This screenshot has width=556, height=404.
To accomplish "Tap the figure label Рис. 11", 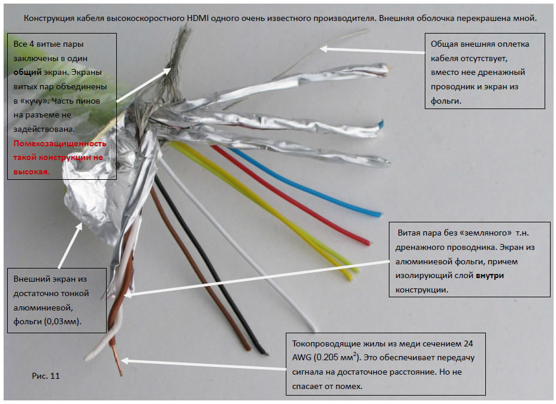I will coord(46,376).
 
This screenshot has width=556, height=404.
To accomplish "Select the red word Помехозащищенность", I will coord(59,144).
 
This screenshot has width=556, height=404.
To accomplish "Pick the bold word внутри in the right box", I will coord(491,276).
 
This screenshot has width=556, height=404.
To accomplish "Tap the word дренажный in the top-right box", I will coord(506,73).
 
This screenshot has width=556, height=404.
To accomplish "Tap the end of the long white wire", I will coord(313,328).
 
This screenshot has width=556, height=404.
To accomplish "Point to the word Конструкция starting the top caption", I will coord(50,18).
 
